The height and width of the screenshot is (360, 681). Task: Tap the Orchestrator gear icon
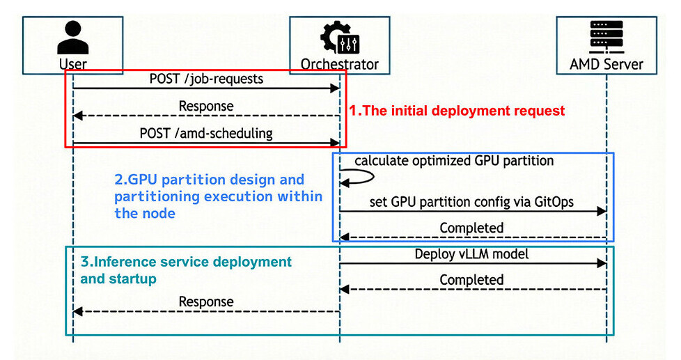[x=339, y=38]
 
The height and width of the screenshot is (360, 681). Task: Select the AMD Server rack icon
[x=606, y=38]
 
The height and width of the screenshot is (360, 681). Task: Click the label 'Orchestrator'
[x=339, y=65]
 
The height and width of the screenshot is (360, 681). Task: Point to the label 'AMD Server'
[x=606, y=65]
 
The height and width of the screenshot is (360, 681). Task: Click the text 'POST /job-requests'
[x=206, y=79]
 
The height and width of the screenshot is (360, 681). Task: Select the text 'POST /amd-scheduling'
[x=206, y=133]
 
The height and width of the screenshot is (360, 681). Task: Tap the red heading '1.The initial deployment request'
[x=456, y=111]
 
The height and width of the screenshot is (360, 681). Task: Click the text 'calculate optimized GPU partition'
[x=454, y=161]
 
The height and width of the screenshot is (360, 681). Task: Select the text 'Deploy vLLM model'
[x=471, y=254]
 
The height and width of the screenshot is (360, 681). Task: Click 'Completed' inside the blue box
[x=471, y=228]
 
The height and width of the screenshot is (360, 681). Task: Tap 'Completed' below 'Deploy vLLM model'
[x=471, y=280]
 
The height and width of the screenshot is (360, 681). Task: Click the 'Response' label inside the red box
[x=206, y=107]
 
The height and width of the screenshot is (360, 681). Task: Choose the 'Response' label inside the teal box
[x=206, y=302]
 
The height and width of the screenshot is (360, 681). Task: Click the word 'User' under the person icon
[x=73, y=65]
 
